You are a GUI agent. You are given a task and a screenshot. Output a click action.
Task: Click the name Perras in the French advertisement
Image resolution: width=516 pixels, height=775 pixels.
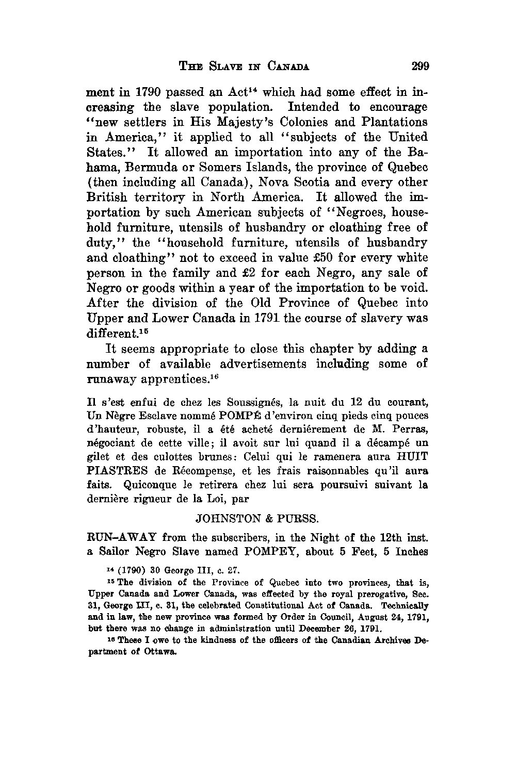click(x=411, y=430)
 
